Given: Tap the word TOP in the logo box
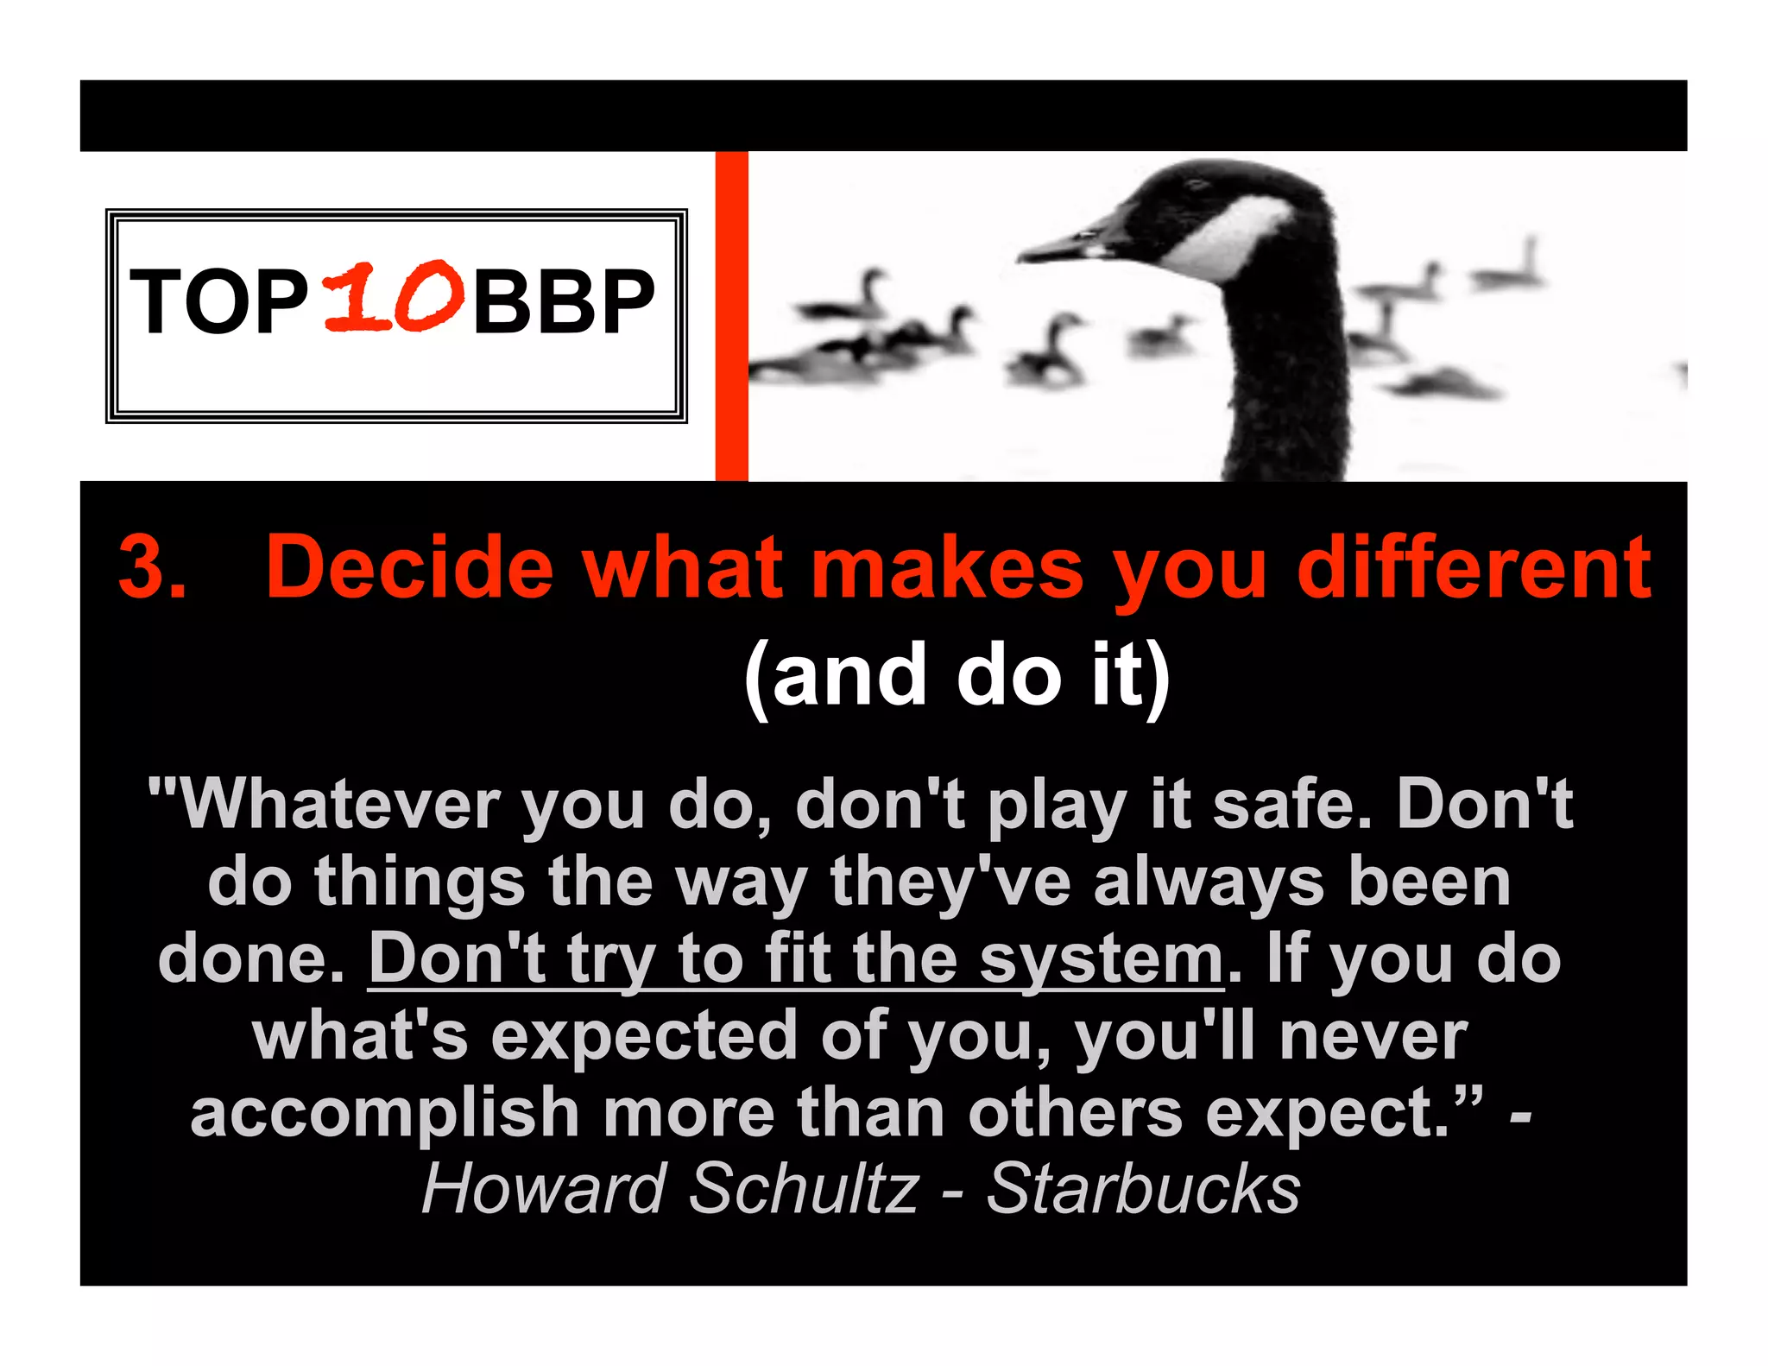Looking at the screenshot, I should pyautogui.click(x=219, y=301).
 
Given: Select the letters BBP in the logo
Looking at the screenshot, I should pyautogui.click(x=564, y=301).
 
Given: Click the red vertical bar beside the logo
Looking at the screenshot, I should pyautogui.click(x=731, y=315).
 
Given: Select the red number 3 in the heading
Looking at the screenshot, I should pyautogui.click(x=151, y=567).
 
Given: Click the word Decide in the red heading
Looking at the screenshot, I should pyautogui.click(x=409, y=567).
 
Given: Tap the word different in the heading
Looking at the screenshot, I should pyautogui.click(x=1474, y=567).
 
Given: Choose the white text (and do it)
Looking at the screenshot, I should pyautogui.click(x=957, y=676).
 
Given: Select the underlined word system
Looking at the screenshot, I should pyautogui.click(x=1102, y=959).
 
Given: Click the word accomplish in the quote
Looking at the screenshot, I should pyautogui.click(x=384, y=1113).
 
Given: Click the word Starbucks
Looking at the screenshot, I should pyautogui.click(x=1143, y=1189).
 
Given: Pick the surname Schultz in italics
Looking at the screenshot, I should pyautogui.click(x=804, y=1189).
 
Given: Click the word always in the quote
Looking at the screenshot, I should pyautogui.click(x=1209, y=882).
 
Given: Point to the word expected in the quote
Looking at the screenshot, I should pyautogui.click(x=644, y=1036).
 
